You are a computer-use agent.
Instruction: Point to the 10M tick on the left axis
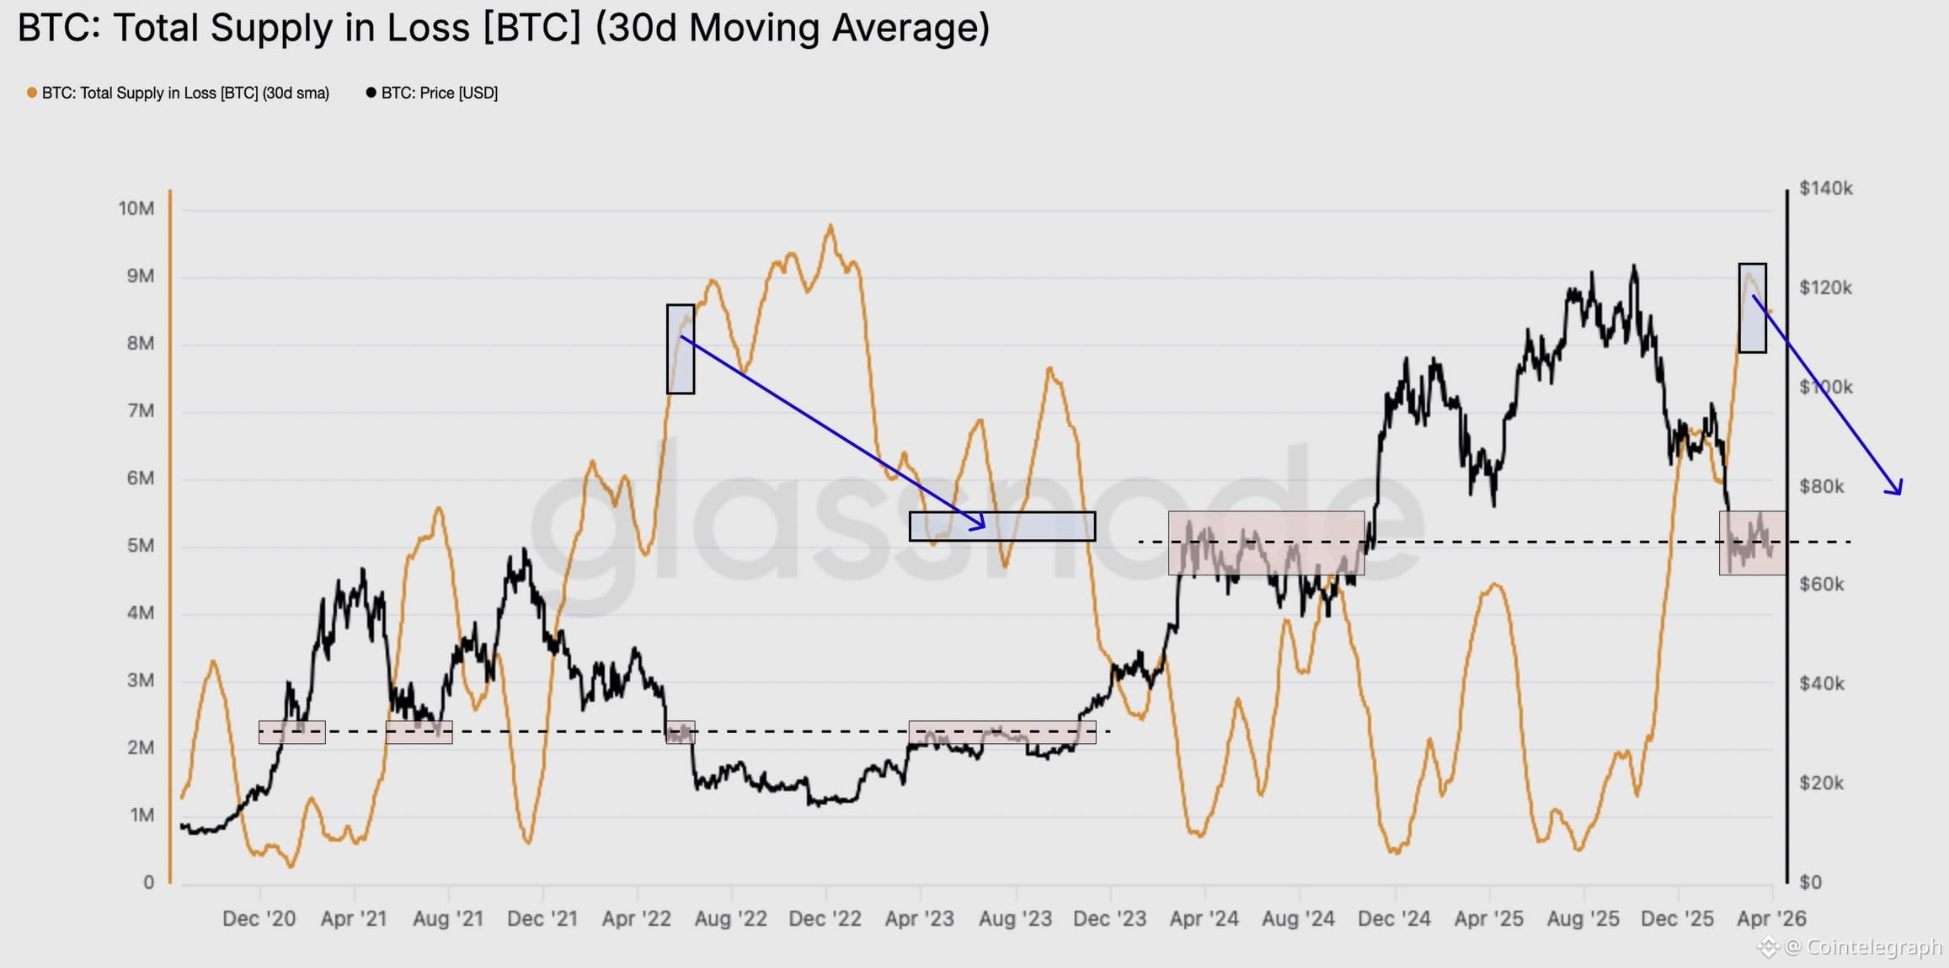click(136, 209)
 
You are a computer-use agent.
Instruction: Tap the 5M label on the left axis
click(140, 546)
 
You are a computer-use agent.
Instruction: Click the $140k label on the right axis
click(1825, 189)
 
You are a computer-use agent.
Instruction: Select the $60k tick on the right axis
click(1821, 585)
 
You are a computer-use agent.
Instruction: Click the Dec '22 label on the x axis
click(825, 919)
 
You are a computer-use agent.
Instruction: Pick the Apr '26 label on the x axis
click(1771, 919)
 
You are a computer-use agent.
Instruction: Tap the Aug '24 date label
click(1298, 919)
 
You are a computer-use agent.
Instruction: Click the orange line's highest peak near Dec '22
click(830, 226)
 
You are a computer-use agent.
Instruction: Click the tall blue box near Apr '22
click(681, 349)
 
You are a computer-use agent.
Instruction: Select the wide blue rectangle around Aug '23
click(1002, 527)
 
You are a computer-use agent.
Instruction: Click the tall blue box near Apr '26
click(1753, 308)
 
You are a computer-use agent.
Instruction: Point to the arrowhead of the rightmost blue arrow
click(1898, 491)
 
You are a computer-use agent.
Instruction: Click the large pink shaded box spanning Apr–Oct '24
click(1266, 543)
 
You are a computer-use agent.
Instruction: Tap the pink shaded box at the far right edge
click(1752, 543)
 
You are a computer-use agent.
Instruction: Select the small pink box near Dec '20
click(291, 732)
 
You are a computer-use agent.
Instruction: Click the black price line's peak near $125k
click(1634, 267)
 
